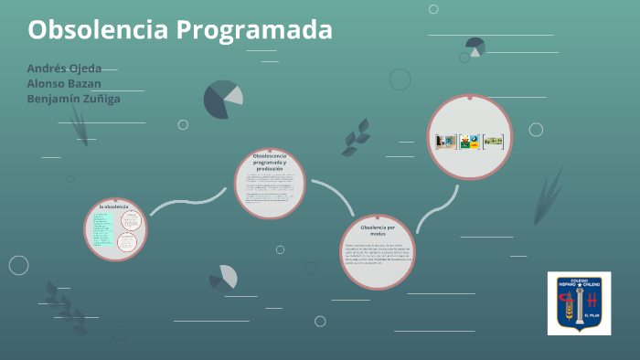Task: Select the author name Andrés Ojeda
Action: pos(64,69)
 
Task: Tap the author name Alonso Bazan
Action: pos(63,83)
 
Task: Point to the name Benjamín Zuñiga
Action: pos(73,99)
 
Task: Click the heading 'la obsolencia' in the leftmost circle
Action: pos(115,206)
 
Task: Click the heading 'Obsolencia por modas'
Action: pos(378,229)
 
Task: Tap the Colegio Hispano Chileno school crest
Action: pos(579,302)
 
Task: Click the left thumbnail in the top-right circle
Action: pos(445,141)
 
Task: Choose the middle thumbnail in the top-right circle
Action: pos(469,141)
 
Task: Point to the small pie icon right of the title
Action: pos(475,47)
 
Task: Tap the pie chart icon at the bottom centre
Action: pos(224,277)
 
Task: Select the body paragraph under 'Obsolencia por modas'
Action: pos(378,253)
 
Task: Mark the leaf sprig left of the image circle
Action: pos(355,137)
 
